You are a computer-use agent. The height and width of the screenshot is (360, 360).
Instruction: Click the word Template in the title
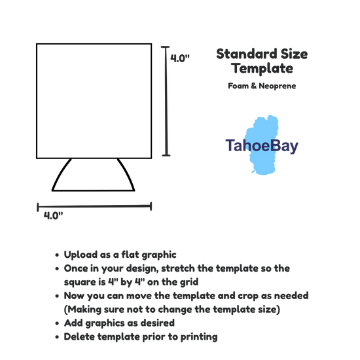tap(262, 68)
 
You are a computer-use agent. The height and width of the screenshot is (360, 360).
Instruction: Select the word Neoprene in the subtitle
tap(277, 86)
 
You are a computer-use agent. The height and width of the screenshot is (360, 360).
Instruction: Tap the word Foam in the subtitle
tap(238, 86)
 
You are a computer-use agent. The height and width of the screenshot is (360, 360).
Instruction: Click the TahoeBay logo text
tap(262, 145)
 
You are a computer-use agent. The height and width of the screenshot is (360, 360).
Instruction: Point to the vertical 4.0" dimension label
tap(180, 58)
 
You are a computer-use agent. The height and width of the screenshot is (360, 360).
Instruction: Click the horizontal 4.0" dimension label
tap(53, 215)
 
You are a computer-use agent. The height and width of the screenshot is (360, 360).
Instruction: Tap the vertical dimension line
tap(166, 101)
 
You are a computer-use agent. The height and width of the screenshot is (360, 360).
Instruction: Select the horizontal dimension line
tap(94, 206)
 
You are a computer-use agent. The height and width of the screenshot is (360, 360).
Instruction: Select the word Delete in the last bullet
tap(79, 337)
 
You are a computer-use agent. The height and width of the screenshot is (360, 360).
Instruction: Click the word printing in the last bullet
tap(199, 337)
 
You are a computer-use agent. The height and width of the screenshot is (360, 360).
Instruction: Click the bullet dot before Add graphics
tap(57, 323)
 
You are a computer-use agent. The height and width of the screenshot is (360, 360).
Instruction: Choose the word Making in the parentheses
tap(84, 310)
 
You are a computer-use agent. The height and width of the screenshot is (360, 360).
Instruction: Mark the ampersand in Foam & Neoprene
tap(253, 86)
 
